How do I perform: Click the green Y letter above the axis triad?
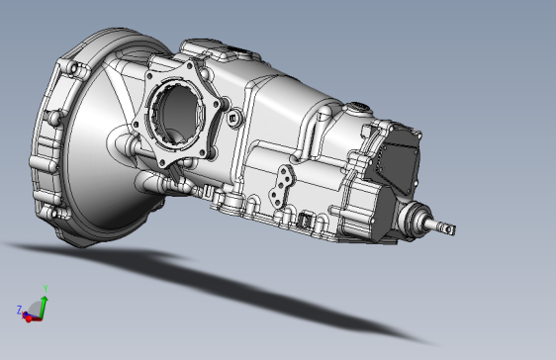pos(46,289)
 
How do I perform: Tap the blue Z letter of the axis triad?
pos(19,310)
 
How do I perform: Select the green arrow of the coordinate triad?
pos(44,308)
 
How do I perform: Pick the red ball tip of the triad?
pos(29,318)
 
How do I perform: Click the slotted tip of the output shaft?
pos(449,229)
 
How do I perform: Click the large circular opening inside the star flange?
pos(177,113)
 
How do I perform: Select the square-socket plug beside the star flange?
pos(234,118)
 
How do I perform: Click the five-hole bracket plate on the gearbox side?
pos(282,187)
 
